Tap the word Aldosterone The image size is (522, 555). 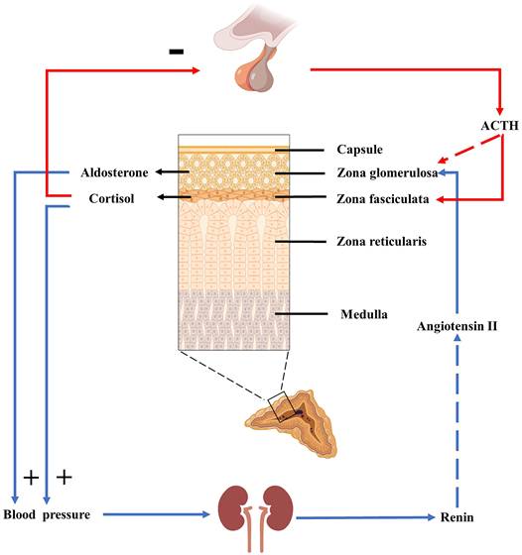(115, 172)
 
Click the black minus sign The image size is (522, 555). (177, 51)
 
